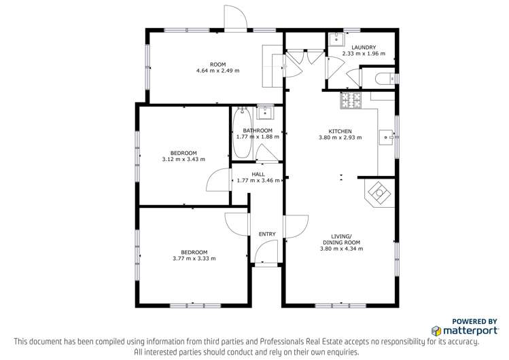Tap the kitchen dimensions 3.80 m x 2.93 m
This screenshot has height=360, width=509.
(340, 137)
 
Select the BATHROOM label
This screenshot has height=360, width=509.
(258, 130)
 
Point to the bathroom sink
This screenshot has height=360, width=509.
(265, 111)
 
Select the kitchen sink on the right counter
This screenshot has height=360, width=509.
(386, 137)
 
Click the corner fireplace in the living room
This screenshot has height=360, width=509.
(379, 192)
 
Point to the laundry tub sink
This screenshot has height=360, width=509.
(337, 39)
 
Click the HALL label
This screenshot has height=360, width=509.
(258, 175)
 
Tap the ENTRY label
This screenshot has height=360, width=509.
(267, 234)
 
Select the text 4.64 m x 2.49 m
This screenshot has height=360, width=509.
(217, 70)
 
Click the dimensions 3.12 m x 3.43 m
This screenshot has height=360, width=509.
(183, 159)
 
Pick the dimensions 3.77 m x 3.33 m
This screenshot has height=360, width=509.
(194, 258)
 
